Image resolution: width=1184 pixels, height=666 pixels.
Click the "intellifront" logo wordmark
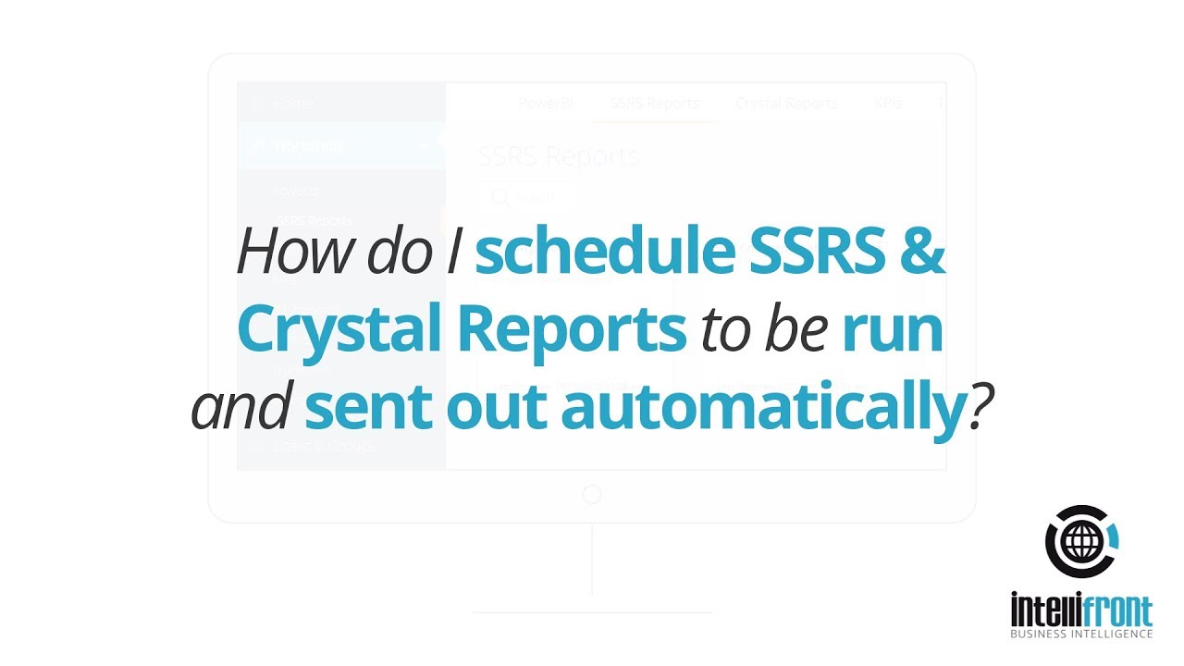pos(1081,611)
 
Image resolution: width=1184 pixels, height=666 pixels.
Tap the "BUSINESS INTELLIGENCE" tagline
pos(1081,634)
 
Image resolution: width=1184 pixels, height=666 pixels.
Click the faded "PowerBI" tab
pos(546,104)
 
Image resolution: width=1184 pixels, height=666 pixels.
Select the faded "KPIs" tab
pos(888,104)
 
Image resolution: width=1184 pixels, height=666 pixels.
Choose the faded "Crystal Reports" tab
pos(786,104)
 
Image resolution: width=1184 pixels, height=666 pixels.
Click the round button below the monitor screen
pos(592,495)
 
